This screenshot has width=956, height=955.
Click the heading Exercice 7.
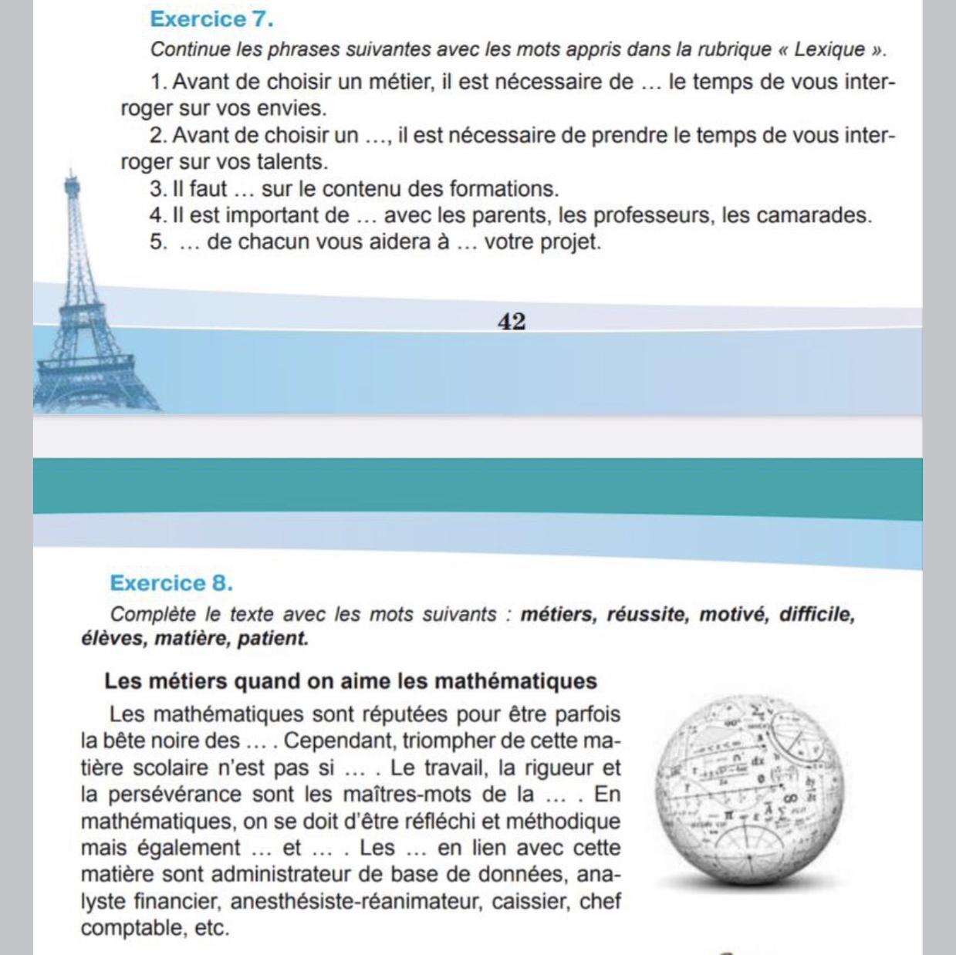click(x=211, y=19)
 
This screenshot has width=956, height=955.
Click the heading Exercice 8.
click(x=171, y=582)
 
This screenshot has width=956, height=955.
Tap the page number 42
click(x=512, y=322)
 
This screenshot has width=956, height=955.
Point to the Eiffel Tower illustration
click(x=77, y=309)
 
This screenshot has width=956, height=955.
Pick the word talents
click(x=295, y=162)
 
